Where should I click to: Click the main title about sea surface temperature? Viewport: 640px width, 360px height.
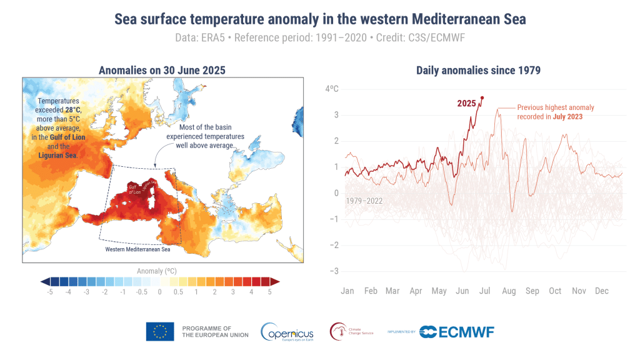point(320,19)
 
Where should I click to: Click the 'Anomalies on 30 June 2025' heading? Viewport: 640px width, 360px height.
point(162,70)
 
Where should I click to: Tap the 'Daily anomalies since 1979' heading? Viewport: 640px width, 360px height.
point(478,70)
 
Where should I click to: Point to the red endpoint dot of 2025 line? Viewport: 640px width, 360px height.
point(482,97)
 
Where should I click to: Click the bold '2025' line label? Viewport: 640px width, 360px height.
point(466,103)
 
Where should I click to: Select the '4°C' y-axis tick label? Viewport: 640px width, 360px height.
point(332,89)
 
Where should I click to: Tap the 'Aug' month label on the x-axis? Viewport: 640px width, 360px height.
point(509,291)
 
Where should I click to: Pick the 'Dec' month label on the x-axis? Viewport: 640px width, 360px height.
point(602,291)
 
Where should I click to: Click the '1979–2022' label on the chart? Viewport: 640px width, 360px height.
point(364,201)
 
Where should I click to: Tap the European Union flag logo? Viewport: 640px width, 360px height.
point(160,331)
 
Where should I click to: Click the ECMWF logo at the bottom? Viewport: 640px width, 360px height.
point(456,331)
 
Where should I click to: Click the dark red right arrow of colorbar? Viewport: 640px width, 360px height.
point(275,282)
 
